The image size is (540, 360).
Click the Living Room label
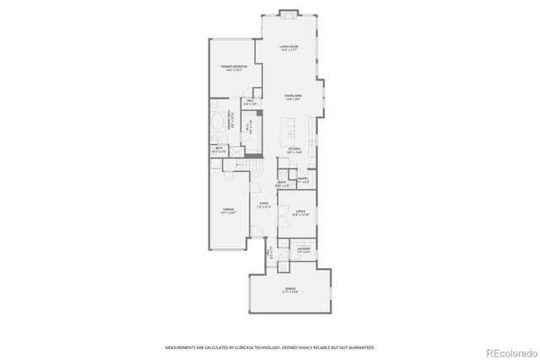[x=289, y=50]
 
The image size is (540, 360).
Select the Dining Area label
[x=293, y=98]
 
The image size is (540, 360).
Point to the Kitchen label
[x=294, y=151]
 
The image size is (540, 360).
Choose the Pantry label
[x=303, y=180]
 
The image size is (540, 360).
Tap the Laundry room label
[x=304, y=250]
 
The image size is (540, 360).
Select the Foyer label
[x=264, y=205]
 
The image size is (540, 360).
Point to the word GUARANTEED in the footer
[x=360, y=347]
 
